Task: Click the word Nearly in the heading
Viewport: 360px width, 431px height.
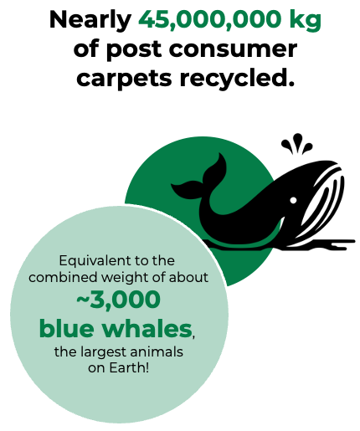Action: click(90, 20)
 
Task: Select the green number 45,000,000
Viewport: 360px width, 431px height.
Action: click(210, 19)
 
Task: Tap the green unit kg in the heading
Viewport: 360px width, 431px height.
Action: click(306, 21)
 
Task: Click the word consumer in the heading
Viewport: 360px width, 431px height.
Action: click(233, 49)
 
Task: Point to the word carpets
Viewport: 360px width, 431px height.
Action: click(124, 79)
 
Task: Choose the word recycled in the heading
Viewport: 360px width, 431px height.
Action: click(237, 77)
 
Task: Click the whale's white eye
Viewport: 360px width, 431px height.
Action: click(293, 200)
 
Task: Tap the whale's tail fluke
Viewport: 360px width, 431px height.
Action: click(201, 178)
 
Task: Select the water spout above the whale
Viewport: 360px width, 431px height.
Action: click(296, 144)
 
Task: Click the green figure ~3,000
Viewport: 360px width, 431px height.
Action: click(118, 300)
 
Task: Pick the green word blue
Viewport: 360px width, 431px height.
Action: click(66, 327)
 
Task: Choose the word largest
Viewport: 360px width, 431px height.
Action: click(104, 352)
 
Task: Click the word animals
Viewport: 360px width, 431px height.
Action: click(157, 351)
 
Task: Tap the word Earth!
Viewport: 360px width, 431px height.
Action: click(129, 367)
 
